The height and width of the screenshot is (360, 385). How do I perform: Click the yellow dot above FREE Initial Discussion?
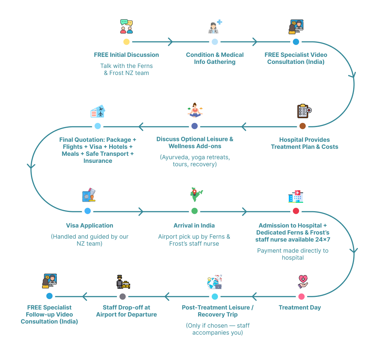[x=126, y=42]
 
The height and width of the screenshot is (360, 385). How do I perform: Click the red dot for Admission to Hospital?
[x=296, y=211]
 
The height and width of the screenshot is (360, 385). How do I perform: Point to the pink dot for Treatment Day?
[x=301, y=296]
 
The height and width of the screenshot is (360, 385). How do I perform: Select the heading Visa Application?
[x=90, y=226]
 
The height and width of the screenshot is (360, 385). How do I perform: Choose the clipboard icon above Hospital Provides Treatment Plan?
[x=304, y=111]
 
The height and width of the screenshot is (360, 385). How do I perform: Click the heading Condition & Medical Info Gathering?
[x=215, y=58]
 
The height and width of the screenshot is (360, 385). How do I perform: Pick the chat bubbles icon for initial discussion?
[x=126, y=26]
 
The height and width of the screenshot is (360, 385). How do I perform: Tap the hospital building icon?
[x=296, y=196]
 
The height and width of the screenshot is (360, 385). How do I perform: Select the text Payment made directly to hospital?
[x=292, y=254]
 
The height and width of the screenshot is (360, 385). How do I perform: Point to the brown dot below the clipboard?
[x=302, y=126]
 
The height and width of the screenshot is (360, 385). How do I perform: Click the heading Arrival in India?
[x=194, y=226]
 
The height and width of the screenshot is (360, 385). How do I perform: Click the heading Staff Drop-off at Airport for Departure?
[x=126, y=311]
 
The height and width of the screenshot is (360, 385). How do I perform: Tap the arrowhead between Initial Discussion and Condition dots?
[x=170, y=42]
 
